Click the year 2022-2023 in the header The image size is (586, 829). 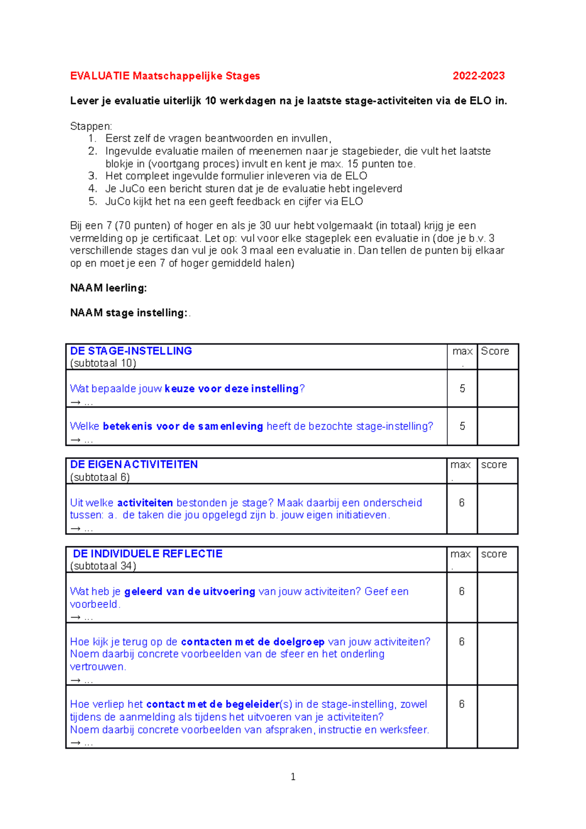pyautogui.click(x=478, y=76)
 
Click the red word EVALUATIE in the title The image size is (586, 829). pyautogui.click(x=100, y=76)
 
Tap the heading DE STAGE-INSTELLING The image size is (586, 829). pyautogui.click(x=131, y=351)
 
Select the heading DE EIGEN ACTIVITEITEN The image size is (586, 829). pyautogui.click(x=134, y=464)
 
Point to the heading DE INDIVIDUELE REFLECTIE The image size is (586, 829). pyautogui.click(x=147, y=554)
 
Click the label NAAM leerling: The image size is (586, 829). pyautogui.click(x=108, y=288)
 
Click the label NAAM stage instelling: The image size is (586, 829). pyautogui.click(x=129, y=313)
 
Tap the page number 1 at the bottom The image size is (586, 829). pyautogui.click(x=293, y=777)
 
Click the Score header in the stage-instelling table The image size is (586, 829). pyautogui.click(x=495, y=351)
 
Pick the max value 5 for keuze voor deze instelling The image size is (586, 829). pyautogui.click(x=462, y=389)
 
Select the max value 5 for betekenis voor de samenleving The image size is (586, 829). pyautogui.click(x=462, y=426)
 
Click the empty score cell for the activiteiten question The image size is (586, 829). pyautogui.click(x=497, y=509)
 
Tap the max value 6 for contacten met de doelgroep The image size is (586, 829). pyautogui.click(x=461, y=642)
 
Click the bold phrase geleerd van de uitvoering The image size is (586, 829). pyautogui.click(x=189, y=592)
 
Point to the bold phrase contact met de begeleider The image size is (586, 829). pyautogui.click(x=212, y=705)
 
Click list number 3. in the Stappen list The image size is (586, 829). pyautogui.click(x=93, y=176)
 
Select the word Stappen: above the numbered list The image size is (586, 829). pyautogui.click(x=91, y=126)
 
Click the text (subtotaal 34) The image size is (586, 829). pyautogui.click(x=103, y=566)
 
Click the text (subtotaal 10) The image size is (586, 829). pyautogui.click(x=103, y=363)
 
